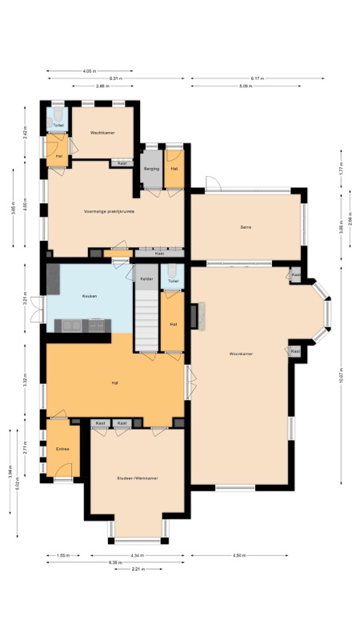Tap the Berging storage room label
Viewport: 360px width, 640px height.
click(151, 169)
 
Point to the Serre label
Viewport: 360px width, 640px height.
click(246, 227)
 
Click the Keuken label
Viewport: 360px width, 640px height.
click(90, 296)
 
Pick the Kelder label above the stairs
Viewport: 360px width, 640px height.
click(146, 278)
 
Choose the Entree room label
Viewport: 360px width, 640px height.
click(62, 449)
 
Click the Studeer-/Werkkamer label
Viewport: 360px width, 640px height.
click(137, 478)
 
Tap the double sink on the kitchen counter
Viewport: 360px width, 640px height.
click(71, 325)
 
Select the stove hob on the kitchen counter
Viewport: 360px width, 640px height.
click(98, 325)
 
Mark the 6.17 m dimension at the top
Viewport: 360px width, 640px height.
click(257, 78)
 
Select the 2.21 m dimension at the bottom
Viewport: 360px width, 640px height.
click(140, 569)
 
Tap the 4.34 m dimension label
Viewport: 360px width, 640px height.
click(139, 554)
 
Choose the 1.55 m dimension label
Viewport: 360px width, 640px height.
click(63, 554)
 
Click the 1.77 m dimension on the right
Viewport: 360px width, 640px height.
click(341, 170)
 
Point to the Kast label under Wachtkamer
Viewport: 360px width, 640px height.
click(122, 163)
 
